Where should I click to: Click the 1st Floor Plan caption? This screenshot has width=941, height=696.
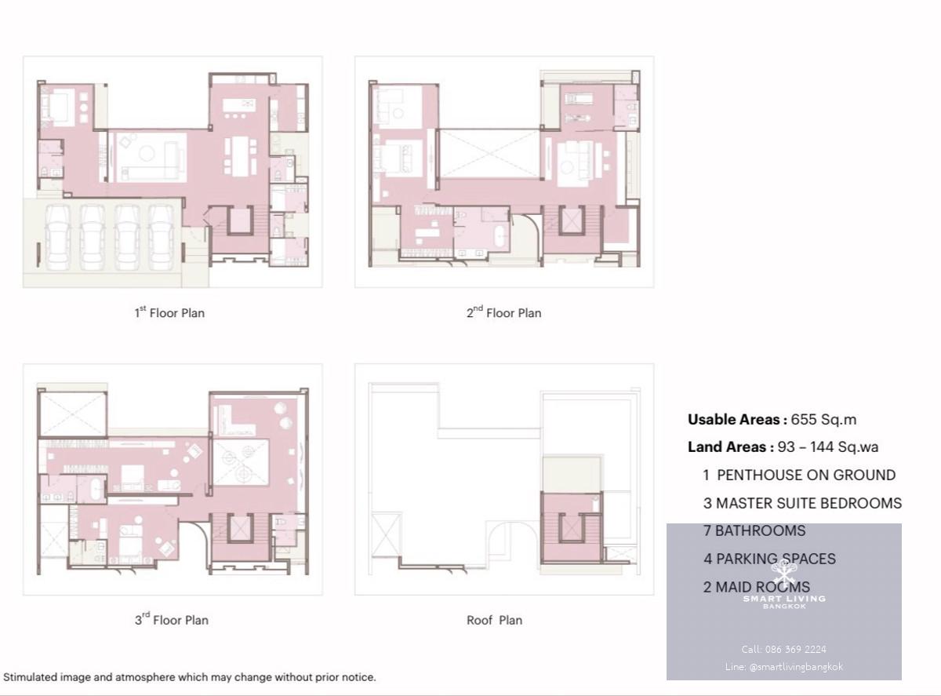click(x=169, y=312)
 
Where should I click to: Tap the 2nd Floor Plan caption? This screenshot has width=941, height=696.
click(x=503, y=312)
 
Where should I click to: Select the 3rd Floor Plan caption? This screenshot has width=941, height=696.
click(x=172, y=620)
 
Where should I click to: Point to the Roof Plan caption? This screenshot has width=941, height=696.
click(x=494, y=620)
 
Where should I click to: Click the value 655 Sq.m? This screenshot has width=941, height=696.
click(x=823, y=420)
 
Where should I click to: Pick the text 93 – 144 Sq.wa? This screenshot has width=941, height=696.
click(x=828, y=446)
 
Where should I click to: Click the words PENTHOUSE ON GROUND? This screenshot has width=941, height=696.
click(x=806, y=475)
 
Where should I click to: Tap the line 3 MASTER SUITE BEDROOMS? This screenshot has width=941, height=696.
click(x=802, y=503)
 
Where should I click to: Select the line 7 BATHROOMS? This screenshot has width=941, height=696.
click(x=754, y=530)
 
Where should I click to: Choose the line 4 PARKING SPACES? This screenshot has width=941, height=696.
click(x=769, y=559)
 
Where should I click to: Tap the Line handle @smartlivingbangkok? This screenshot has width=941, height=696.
click(x=796, y=667)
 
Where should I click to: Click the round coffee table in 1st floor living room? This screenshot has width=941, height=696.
click(x=147, y=153)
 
